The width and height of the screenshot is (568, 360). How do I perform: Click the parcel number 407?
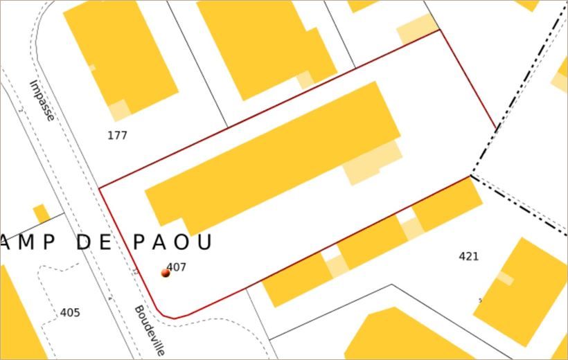pos(177,267)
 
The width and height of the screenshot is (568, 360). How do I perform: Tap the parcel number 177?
pos(117,136)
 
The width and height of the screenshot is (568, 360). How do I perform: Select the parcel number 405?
pos(70,313)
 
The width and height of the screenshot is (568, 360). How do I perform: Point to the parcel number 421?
pos(469,257)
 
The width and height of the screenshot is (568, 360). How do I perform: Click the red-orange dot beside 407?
pos(165,273)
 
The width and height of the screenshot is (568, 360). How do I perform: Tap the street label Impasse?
pos(42,100)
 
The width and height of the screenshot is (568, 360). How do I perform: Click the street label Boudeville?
pos(150,330)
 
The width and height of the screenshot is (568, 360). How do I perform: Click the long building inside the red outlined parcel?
pos(270,159)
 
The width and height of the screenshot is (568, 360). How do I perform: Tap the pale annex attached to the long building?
pos(373,163)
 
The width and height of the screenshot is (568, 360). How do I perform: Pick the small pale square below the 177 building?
pos(119,109)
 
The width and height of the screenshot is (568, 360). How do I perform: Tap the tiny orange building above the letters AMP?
pos(42,213)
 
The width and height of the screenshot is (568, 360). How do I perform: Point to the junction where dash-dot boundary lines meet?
pos(472,174)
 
